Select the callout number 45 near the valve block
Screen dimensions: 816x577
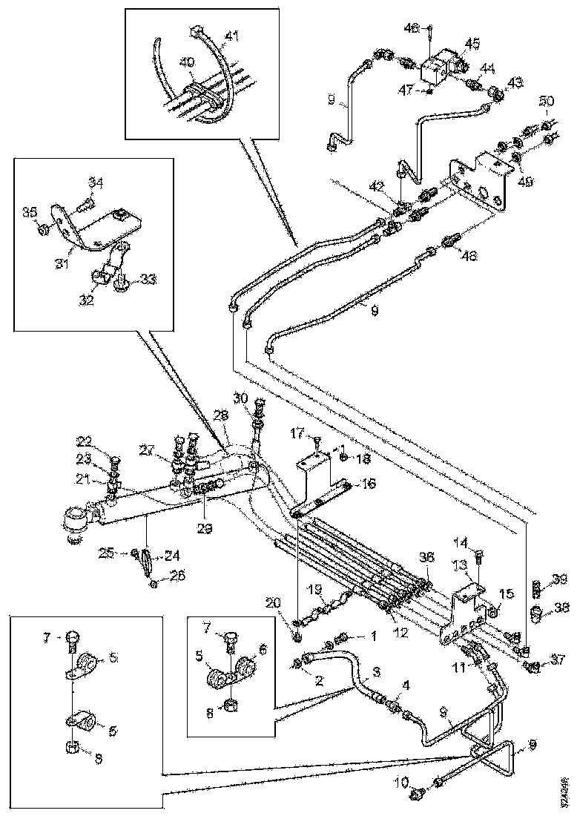pyautogui.click(x=472, y=43)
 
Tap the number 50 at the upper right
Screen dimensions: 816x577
pyautogui.click(x=546, y=101)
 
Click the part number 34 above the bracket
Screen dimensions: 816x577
pyautogui.click(x=96, y=182)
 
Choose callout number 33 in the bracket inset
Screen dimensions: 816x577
pyautogui.click(x=149, y=279)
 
